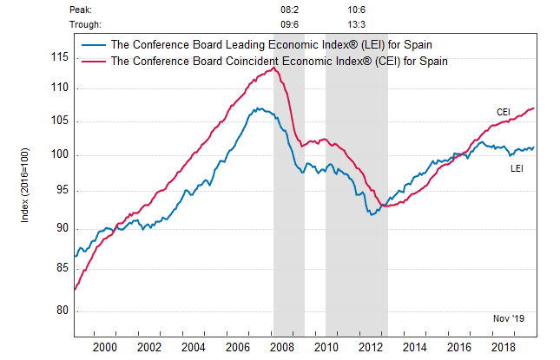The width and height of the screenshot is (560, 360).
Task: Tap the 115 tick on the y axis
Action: coord(59,57)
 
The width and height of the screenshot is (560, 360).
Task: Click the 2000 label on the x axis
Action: coord(106,347)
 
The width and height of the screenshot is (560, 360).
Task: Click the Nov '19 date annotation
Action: coord(508,319)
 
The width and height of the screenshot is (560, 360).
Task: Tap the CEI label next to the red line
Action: coord(503,112)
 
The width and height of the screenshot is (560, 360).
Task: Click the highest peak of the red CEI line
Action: coord(275,68)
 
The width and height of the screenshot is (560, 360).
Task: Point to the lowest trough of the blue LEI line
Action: coord(372,214)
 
